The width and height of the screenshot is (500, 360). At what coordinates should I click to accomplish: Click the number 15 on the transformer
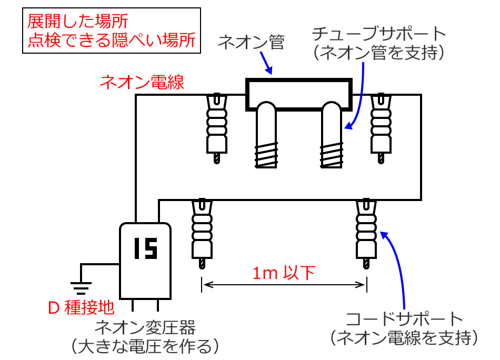(x=145, y=248)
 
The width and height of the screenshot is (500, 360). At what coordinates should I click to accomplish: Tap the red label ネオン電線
(x=142, y=82)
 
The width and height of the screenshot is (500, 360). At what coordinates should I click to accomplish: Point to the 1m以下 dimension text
(x=283, y=273)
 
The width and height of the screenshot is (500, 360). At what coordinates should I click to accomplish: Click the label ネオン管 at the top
(x=251, y=42)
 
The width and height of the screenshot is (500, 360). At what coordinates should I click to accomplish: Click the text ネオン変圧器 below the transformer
(x=145, y=328)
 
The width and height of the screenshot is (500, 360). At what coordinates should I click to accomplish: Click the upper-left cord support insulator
(x=216, y=126)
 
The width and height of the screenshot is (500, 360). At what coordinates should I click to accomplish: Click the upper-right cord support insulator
(x=381, y=126)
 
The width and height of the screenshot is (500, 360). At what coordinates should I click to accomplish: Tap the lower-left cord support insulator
(x=201, y=232)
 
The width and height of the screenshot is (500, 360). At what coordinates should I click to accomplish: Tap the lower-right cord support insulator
(x=366, y=232)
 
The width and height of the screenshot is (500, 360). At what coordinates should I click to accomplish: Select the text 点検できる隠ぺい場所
(x=111, y=41)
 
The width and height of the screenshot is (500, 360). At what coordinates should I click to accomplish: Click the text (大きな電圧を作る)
(x=145, y=346)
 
